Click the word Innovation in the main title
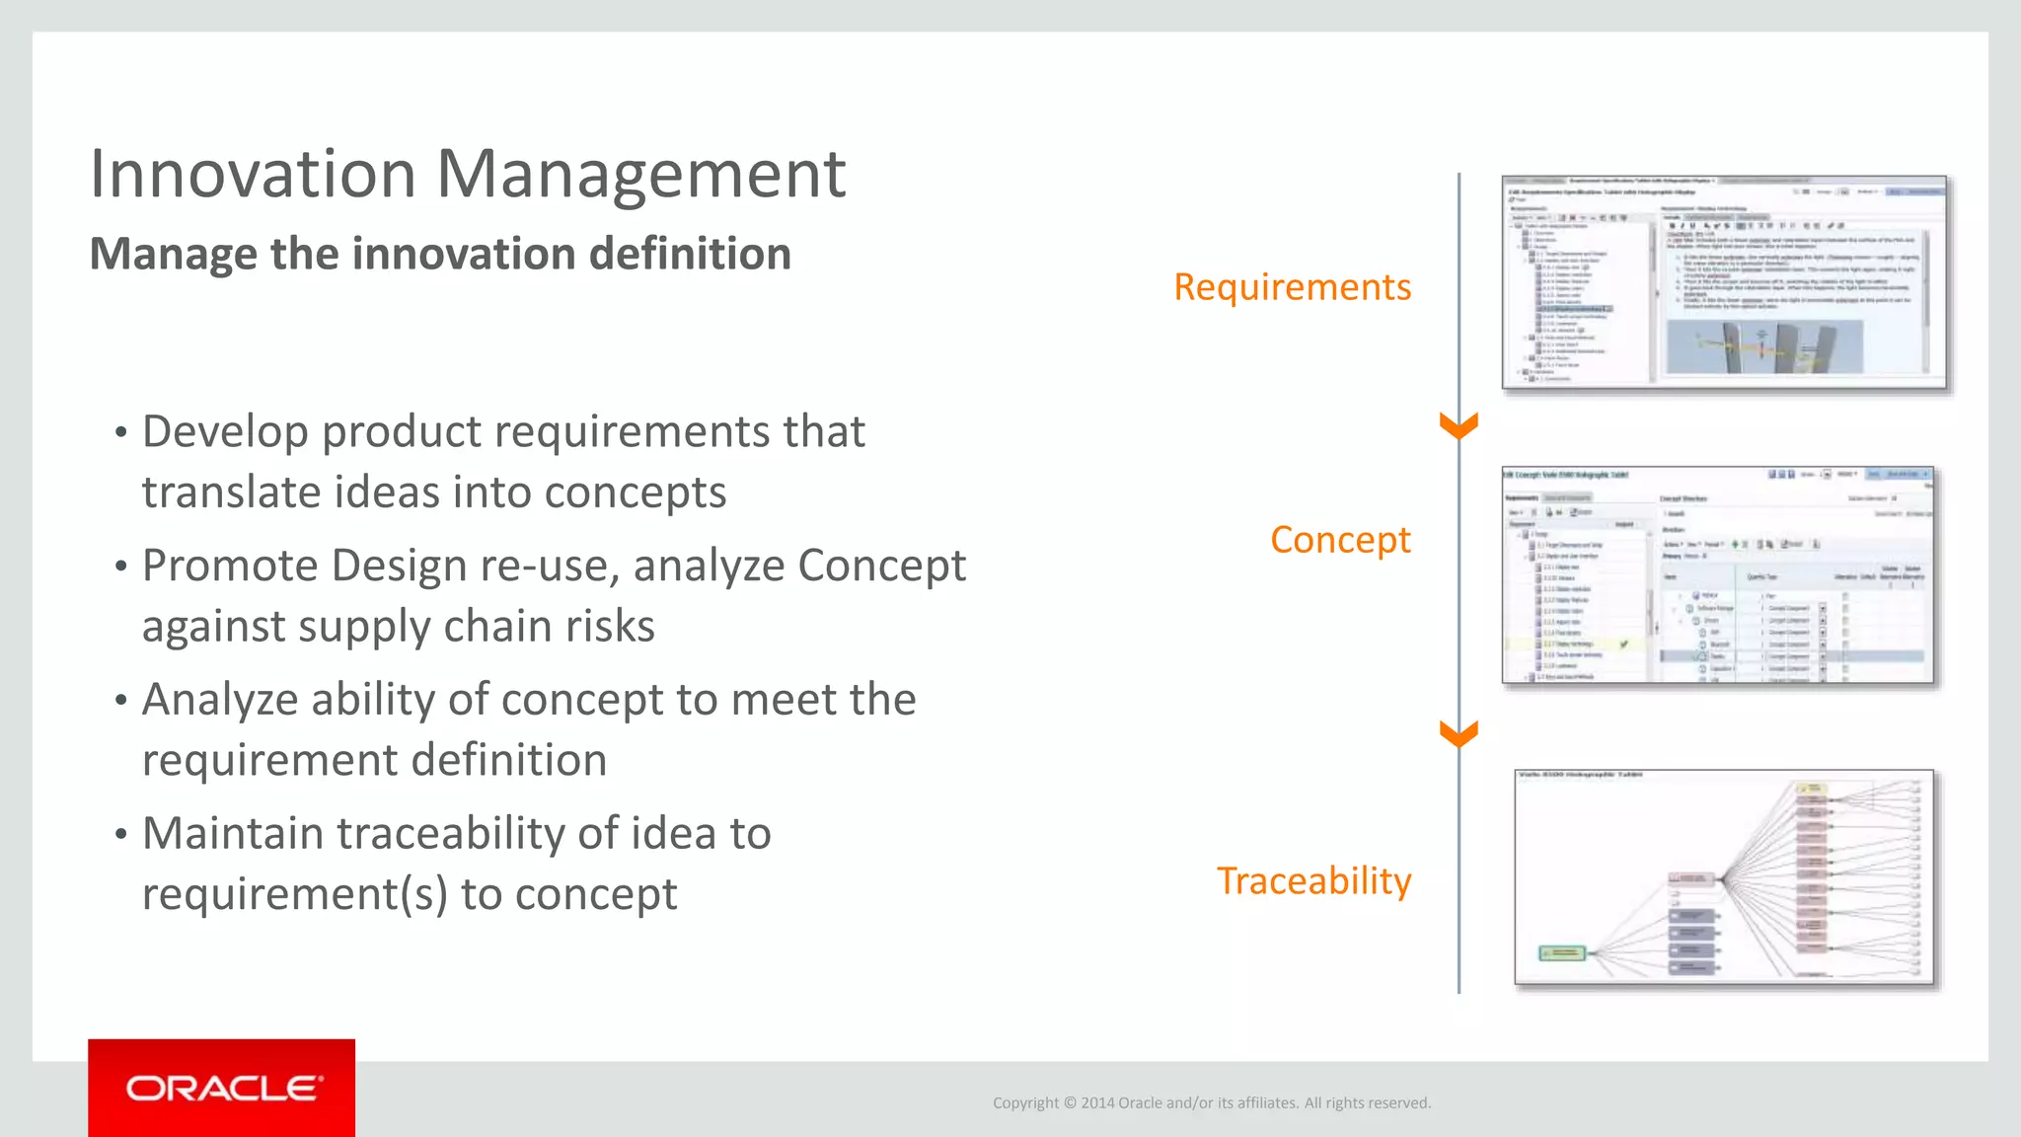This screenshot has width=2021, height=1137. tap(253, 174)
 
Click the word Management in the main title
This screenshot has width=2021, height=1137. tap(640, 174)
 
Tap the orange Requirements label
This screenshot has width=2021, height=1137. tap(1292, 287)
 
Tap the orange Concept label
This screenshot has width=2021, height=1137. tap(1339, 540)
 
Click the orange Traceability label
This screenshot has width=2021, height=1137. tap(1313, 880)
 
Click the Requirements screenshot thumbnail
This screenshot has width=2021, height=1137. tap(1724, 283)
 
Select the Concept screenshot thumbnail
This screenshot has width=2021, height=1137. tap(1717, 574)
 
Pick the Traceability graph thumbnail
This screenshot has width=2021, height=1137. tap(1724, 877)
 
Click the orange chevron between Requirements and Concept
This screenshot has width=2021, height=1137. tap(1459, 426)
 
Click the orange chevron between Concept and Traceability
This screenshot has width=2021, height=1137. tap(1459, 734)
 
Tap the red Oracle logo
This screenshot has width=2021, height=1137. tap(222, 1088)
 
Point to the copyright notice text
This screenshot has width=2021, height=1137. tap(1211, 1102)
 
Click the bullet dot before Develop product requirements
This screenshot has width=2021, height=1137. tap(120, 432)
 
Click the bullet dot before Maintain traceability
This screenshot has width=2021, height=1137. tap(120, 834)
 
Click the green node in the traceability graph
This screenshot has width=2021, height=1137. tap(1563, 952)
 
